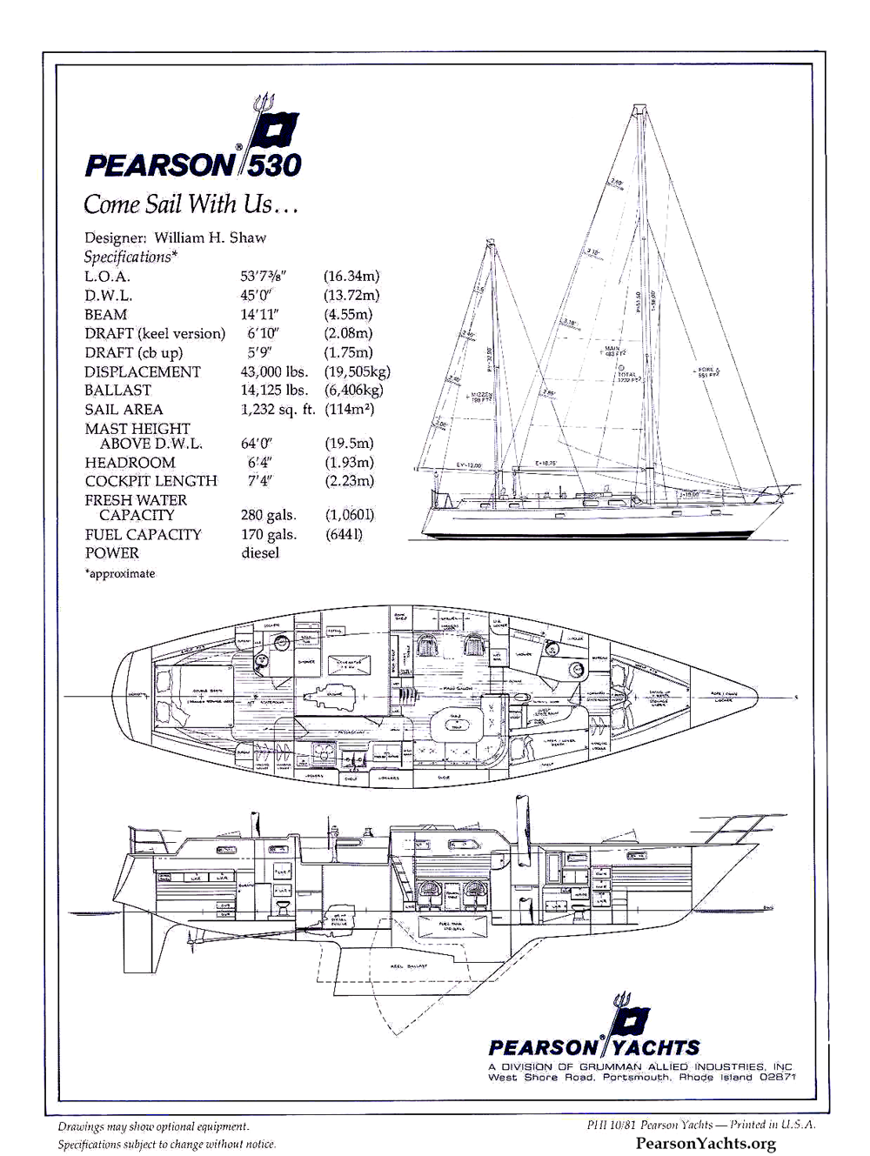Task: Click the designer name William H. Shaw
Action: (211, 237)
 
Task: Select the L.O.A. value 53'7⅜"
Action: (264, 277)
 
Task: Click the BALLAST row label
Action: (117, 391)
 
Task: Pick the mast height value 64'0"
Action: (258, 444)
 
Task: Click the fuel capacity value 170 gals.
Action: (269, 535)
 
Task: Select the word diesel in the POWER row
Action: (260, 553)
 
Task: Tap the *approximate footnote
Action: (120, 574)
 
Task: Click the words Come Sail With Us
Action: (191, 204)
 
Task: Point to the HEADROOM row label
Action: (130, 463)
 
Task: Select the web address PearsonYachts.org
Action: (706, 1144)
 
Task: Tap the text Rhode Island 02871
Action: (735, 1078)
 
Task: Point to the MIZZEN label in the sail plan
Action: (482, 397)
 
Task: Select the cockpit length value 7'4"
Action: (259, 481)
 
